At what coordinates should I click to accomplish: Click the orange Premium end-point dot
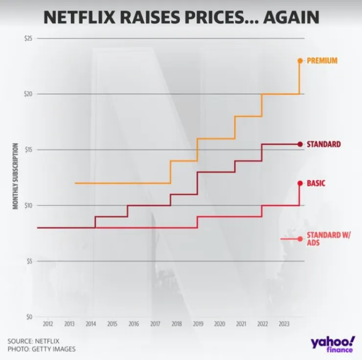tap(300, 61)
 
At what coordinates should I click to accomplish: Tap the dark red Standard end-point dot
tap(300, 144)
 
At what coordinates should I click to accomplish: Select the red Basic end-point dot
tap(300, 183)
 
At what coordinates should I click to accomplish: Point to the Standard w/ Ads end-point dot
tap(300, 239)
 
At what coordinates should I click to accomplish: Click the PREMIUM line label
tap(322, 61)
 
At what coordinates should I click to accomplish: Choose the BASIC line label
tap(316, 183)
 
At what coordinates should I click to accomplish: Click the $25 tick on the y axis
tap(28, 38)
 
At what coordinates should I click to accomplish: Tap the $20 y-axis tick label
tap(28, 94)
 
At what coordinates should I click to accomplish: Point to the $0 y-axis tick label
tap(29, 316)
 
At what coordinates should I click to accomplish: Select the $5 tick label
tap(29, 261)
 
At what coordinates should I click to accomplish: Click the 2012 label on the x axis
tap(47, 324)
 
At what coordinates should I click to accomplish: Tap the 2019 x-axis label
tap(198, 324)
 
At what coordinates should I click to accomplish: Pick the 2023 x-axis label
tap(283, 324)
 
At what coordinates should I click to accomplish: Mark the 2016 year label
tap(134, 324)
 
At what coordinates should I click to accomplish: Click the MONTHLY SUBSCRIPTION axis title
tap(16, 176)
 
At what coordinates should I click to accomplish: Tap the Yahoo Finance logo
tap(332, 343)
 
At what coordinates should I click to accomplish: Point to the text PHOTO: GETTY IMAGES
tap(42, 349)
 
